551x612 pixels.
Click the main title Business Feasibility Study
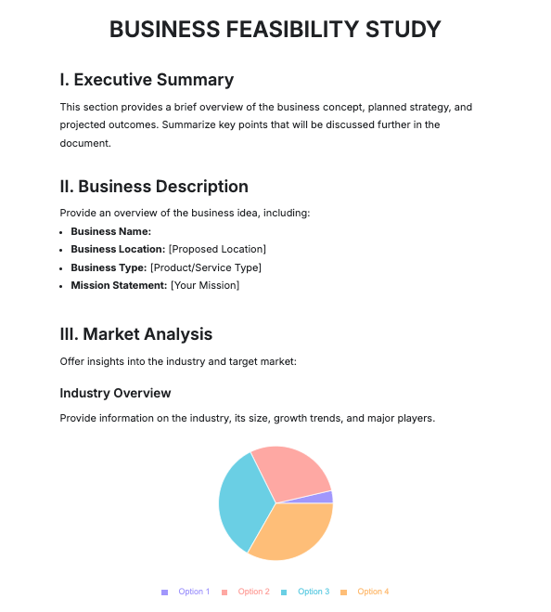click(x=275, y=30)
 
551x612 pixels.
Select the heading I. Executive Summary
click(x=147, y=80)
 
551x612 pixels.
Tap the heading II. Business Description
click(x=154, y=187)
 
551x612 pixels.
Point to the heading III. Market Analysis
click(x=135, y=333)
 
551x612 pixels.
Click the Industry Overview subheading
click(x=115, y=393)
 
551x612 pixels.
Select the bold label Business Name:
click(x=110, y=231)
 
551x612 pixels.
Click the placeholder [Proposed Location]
click(x=217, y=249)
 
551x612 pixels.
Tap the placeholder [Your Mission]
click(x=204, y=285)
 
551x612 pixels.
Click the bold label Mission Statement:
click(x=119, y=285)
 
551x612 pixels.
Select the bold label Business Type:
click(x=109, y=267)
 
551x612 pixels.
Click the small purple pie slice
click(x=325, y=497)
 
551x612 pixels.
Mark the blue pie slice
click(x=243, y=501)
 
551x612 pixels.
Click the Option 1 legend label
click(x=194, y=592)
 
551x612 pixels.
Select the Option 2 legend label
click(x=253, y=592)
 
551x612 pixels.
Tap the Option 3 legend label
click(x=314, y=592)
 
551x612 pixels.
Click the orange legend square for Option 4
click(x=343, y=592)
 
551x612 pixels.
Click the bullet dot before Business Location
click(x=62, y=250)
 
